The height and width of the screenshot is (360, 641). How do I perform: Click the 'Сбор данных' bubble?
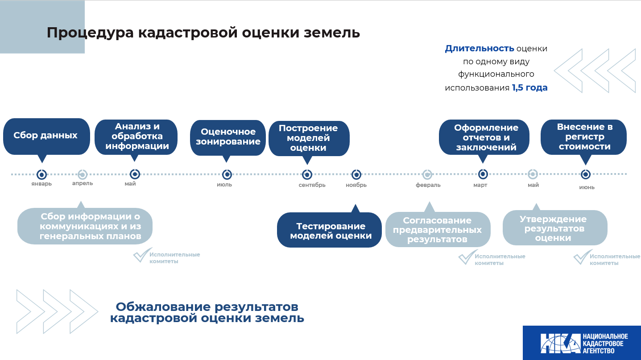click(x=46, y=136)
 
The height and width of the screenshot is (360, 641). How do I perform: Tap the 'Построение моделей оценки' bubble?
click(x=308, y=138)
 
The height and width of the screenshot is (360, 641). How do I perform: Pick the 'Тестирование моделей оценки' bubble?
click(x=330, y=231)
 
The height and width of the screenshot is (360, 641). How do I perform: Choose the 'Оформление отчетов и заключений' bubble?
click(x=485, y=137)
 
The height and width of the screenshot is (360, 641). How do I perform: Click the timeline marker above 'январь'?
click(x=42, y=174)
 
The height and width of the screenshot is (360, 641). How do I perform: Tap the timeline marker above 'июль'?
click(x=227, y=174)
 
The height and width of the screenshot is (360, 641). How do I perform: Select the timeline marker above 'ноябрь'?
click(x=356, y=174)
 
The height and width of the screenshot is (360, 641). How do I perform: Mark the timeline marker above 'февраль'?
click(x=427, y=174)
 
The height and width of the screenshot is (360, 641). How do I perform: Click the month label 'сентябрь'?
click(x=312, y=185)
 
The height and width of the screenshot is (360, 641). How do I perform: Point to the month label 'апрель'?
click(x=83, y=183)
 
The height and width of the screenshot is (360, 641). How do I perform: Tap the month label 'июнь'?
click(x=587, y=187)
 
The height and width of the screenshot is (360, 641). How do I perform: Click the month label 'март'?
click(x=480, y=185)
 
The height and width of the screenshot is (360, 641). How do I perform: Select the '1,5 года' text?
click(x=529, y=88)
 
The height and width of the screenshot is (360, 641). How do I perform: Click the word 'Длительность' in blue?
click(x=479, y=49)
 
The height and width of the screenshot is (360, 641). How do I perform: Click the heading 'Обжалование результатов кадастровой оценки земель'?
click(x=207, y=312)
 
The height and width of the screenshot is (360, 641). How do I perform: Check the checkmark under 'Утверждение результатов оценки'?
click(x=582, y=257)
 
